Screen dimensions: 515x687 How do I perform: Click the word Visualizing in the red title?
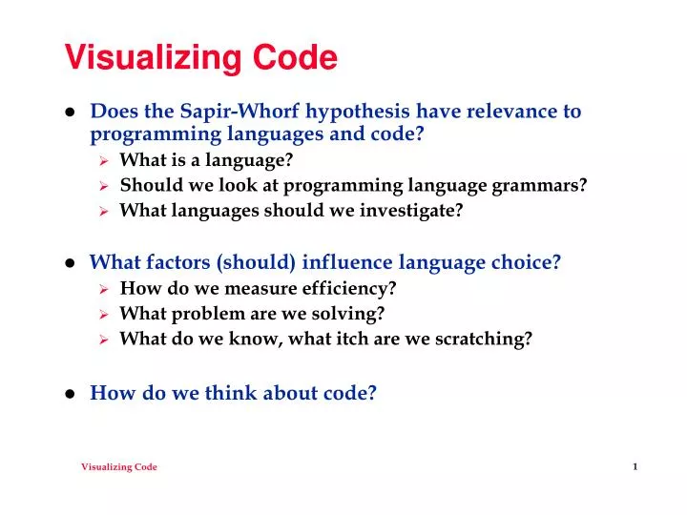154,59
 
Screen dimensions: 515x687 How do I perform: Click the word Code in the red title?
295,59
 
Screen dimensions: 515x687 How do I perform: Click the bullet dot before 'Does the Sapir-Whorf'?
71,112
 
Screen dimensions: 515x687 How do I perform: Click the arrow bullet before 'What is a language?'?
106,160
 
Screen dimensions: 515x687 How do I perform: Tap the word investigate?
416,210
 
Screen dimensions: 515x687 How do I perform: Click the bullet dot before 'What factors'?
71,263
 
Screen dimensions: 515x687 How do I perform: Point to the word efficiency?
351,288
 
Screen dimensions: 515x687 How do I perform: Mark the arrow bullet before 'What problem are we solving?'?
106,313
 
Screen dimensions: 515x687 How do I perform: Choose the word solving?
352,313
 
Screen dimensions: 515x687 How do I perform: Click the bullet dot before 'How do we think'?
71,393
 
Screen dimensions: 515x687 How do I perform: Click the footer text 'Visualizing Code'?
119,466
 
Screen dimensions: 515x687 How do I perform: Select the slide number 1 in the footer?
635,465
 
